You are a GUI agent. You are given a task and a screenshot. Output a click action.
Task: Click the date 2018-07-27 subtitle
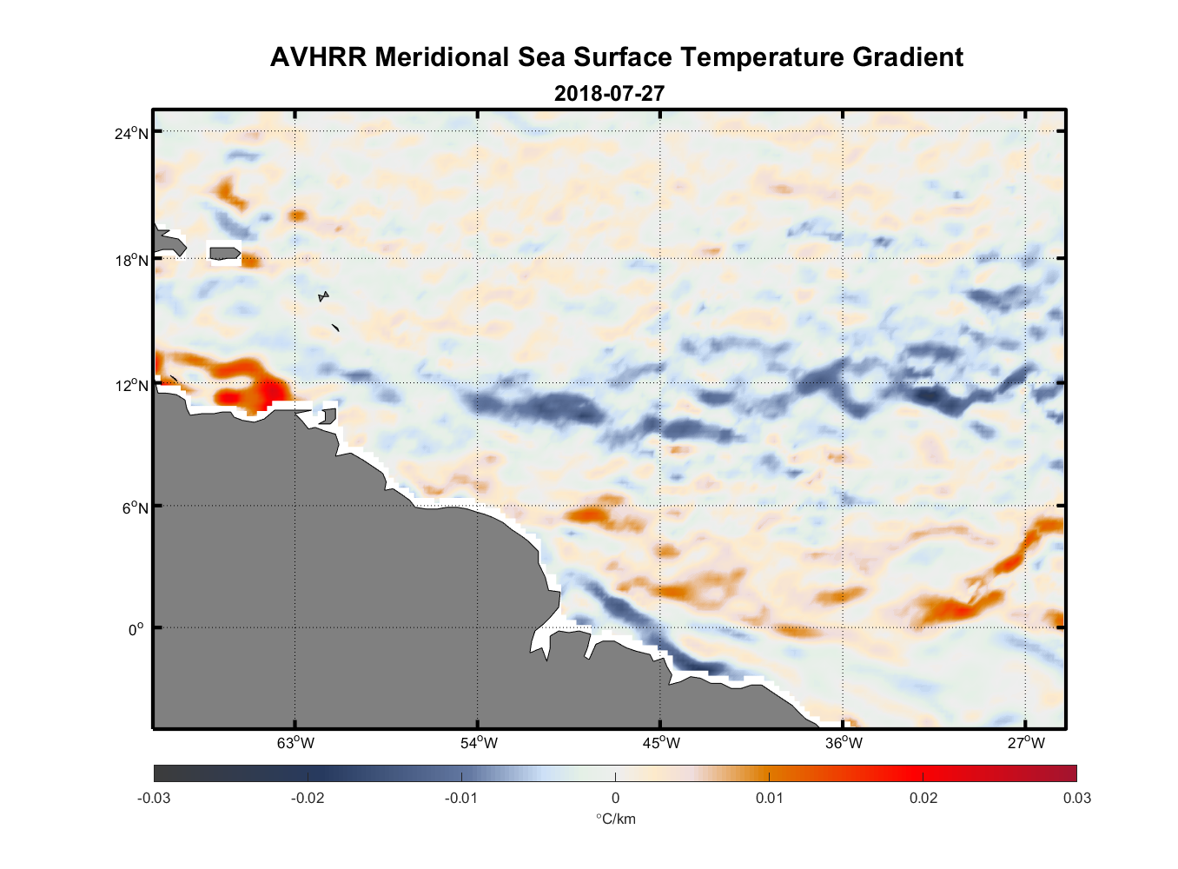coord(609,93)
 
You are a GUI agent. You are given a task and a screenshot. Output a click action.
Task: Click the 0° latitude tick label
coord(137,629)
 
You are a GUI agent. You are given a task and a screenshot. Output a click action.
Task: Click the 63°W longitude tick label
coord(296,742)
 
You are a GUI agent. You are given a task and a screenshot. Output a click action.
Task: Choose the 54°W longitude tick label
coord(479,742)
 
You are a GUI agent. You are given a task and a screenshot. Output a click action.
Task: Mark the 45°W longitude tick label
coord(661,742)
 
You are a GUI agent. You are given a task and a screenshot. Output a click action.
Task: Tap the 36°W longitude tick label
coord(844,742)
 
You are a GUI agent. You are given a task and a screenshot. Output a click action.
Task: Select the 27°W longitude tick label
coord(1026,742)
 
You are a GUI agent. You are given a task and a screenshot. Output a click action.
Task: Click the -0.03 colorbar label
coord(154,798)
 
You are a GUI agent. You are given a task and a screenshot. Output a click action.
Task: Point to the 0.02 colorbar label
coord(923,798)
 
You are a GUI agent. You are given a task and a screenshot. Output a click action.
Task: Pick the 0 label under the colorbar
coord(615,798)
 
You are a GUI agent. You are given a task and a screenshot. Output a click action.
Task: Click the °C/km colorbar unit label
coord(615,819)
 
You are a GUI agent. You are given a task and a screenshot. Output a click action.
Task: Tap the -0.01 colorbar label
coord(461,798)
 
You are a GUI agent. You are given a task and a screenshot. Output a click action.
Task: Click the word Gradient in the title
coord(907,57)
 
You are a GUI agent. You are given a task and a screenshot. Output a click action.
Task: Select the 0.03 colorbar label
coord(1076,798)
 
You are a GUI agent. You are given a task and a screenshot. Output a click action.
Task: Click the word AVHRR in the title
coord(318,57)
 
